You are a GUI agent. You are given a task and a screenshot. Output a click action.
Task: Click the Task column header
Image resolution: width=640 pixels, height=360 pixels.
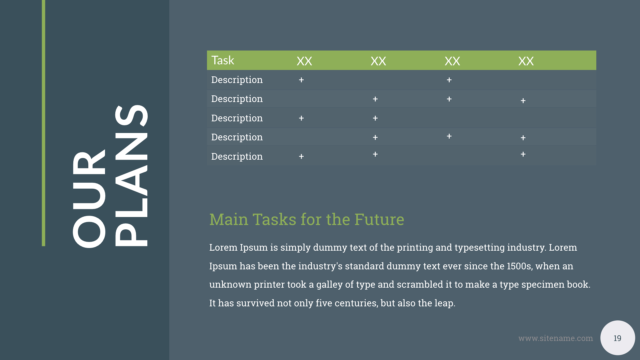[223, 60]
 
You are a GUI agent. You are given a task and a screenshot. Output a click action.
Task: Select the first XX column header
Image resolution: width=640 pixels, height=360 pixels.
[304, 61]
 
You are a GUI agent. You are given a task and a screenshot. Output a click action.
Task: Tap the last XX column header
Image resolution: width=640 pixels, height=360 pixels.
[526, 61]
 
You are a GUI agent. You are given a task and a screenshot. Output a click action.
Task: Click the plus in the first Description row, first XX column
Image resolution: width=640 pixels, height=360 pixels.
[301, 80]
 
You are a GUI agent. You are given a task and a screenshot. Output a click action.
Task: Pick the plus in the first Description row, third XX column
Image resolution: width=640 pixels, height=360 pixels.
[449, 80]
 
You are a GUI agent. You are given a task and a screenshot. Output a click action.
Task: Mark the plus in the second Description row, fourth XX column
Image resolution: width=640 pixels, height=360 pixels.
[523, 101]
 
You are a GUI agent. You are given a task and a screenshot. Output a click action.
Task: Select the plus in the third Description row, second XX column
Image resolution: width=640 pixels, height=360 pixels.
[375, 118]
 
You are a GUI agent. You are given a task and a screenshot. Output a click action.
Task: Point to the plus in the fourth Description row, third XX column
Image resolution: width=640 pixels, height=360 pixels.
[449, 136]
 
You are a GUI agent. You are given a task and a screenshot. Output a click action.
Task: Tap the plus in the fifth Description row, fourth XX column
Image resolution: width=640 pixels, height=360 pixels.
[523, 154]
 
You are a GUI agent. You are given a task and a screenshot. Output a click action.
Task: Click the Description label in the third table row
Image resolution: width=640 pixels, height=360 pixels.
[237, 118]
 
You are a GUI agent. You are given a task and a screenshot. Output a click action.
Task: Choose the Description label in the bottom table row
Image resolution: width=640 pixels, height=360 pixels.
[237, 156]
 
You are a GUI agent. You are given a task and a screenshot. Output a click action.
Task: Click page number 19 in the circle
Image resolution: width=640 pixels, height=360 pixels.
[617, 338]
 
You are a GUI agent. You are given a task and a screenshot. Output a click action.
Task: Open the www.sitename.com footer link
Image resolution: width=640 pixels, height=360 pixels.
[555, 338]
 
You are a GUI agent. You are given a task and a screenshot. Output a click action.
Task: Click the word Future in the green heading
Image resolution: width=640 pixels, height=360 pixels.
[379, 219]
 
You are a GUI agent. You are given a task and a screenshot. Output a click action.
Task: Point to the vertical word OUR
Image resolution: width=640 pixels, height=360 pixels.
[89, 199]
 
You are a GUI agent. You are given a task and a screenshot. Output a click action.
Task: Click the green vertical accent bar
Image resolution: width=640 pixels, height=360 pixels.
[43, 123]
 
